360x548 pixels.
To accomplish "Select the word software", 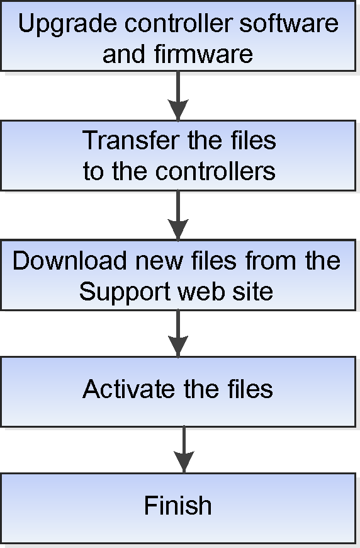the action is [x=289, y=23].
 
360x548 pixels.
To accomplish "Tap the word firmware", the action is [x=203, y=54].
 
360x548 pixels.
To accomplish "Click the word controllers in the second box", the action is [x=215, y=171].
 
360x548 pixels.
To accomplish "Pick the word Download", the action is [x=69, y=260].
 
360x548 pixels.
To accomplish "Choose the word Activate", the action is [x=128, y=389].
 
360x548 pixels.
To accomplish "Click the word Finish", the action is [x=177, y=505].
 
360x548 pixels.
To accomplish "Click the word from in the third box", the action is [x=271, y=260].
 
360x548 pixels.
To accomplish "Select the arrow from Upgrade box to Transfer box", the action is [x=178, y=95].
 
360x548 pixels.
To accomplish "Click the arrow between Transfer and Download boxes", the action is [x=178, y=215].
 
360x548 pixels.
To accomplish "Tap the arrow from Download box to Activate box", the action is [x=178, y=333].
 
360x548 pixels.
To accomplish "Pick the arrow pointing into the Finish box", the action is [x=184, y=450].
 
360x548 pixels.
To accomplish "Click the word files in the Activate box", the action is [x=250, y=389].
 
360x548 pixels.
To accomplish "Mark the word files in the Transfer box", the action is [x=253, y=140].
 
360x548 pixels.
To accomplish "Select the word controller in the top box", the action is [x=178, y=23].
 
